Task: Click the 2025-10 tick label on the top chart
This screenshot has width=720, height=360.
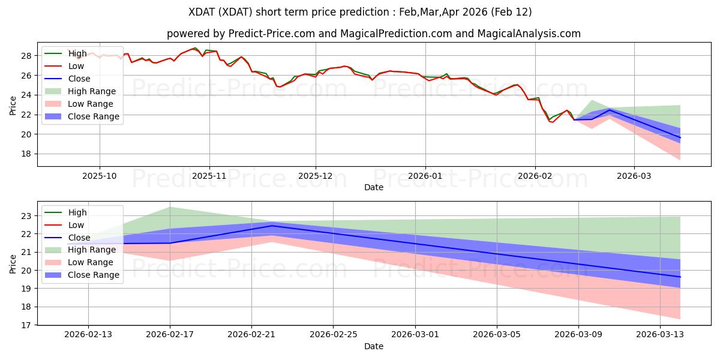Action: point(100,176)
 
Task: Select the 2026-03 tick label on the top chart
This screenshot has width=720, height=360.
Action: point(634,176)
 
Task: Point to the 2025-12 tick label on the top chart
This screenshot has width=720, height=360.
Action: point(316,176)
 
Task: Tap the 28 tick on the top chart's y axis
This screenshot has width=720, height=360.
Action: point(27,56)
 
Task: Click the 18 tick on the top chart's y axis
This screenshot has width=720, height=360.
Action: point(27,154)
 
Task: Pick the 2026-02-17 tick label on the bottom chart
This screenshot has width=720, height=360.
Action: point(170,335)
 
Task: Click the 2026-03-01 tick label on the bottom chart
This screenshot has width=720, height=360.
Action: point(415,335)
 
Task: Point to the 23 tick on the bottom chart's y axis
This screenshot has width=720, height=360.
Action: point(27,215)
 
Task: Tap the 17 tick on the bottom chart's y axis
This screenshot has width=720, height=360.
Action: point(27,325)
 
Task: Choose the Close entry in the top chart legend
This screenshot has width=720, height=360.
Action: point(79,79)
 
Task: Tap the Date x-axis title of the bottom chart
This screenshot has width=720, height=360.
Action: point(373,346)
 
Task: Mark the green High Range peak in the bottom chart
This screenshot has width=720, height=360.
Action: point(170,207)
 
